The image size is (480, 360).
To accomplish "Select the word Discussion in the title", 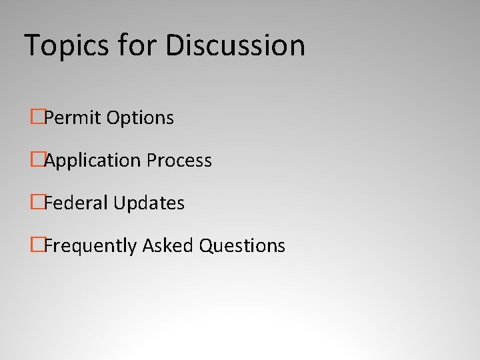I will tap(236, 45).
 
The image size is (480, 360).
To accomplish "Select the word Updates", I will tap(149, 203).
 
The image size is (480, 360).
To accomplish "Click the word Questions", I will tap(243, 246).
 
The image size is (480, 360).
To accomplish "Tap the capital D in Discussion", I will tap(177, 45).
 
